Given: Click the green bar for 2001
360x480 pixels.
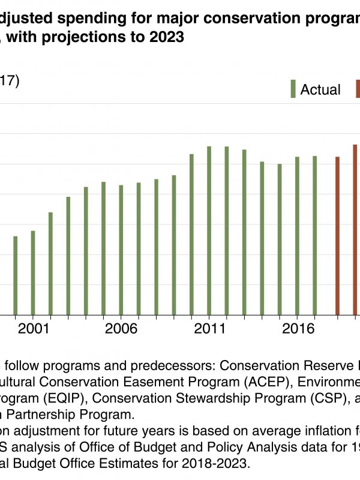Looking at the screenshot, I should (x=33, y=273).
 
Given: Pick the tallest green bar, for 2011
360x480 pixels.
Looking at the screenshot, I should (x=209, y=230).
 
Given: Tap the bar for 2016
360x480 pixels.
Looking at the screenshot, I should (x=297, y=236).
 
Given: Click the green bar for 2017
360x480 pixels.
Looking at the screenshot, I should (x=314, y=235).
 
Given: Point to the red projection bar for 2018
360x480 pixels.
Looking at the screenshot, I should (x=338, y=236).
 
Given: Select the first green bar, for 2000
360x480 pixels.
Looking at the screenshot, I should (x=16, y=275).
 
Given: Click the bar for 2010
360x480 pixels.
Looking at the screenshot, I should (x=191, y=235).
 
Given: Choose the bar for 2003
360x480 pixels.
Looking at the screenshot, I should (x=68, y=256).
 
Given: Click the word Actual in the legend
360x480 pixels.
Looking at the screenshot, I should (x=320, y=90).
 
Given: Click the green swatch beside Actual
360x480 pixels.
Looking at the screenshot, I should (x=293, y=89).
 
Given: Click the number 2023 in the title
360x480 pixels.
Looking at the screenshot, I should (x=163, y=37).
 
